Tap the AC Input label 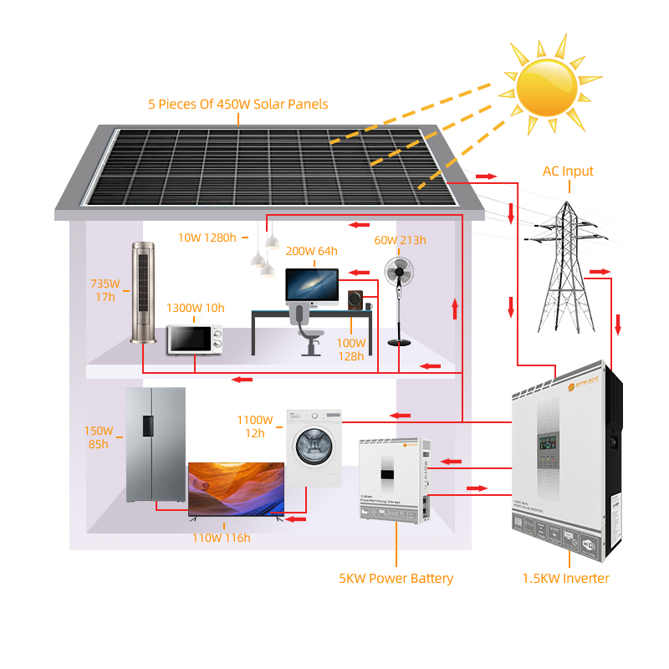point(568,171)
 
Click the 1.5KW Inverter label point(565,579)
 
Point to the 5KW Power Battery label point(396,579)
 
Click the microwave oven point(195,340)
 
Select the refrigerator point(156,445)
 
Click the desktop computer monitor point(312,285)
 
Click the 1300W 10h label point(195,308)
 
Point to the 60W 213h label point(401,241)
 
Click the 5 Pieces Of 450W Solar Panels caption point(238,105)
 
